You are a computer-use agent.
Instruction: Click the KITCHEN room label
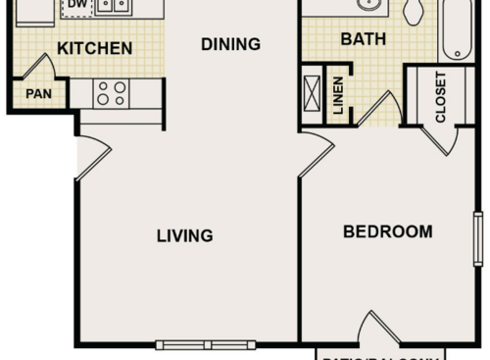coord(94,48)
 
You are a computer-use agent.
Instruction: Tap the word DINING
coord(230,44)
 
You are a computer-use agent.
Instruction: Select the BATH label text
coord(364,40)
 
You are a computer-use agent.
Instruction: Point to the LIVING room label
coord(185,235)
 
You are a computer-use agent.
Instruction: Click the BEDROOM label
coord(387,232)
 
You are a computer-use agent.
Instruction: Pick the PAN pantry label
coord(38,95)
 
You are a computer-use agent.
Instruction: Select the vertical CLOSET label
coord(440,96)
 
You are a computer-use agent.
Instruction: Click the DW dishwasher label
coord(75,5)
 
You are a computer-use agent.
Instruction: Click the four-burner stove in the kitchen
coord(113,93)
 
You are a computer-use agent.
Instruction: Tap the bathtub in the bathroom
coord(457,27)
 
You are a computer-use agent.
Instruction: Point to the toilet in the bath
coord(413,11)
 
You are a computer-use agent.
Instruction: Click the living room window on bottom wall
coord(205,344)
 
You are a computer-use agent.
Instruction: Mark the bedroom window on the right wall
coord(478,238)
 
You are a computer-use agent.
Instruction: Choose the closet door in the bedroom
coord(439,139)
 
